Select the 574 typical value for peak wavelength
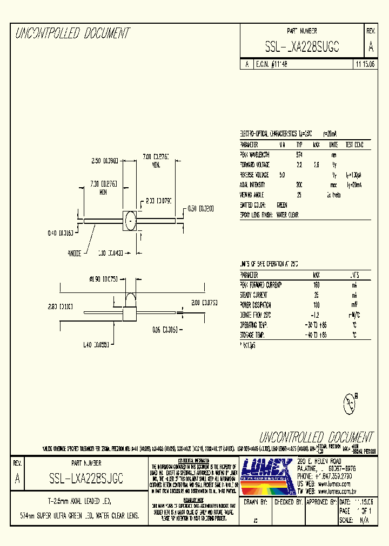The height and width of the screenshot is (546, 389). pyautogui.click(x=299, y=155)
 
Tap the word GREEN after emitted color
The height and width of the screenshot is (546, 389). pyautogui.click(x=282, y=205)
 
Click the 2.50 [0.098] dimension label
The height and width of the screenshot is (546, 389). pyautogui.click(x=104, y=160)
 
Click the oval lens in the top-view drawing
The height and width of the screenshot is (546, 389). pyautogui.click(x=130, y=221)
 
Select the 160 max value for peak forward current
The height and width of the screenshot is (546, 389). pyautogui.click(x=316, y=284)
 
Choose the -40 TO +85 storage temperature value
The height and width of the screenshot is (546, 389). pyautogui.click(x=316, y=335)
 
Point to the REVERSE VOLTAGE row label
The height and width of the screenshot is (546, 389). pyautogui.click(x=254, y=175)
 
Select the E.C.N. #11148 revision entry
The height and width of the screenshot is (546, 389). pyautogui.click(x=271, y=64)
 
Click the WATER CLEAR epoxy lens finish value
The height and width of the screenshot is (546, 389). pyautogui.click(x=287, y=215)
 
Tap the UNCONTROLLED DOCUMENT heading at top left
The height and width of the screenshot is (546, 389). pyautogui.click(x=72, y=33)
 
